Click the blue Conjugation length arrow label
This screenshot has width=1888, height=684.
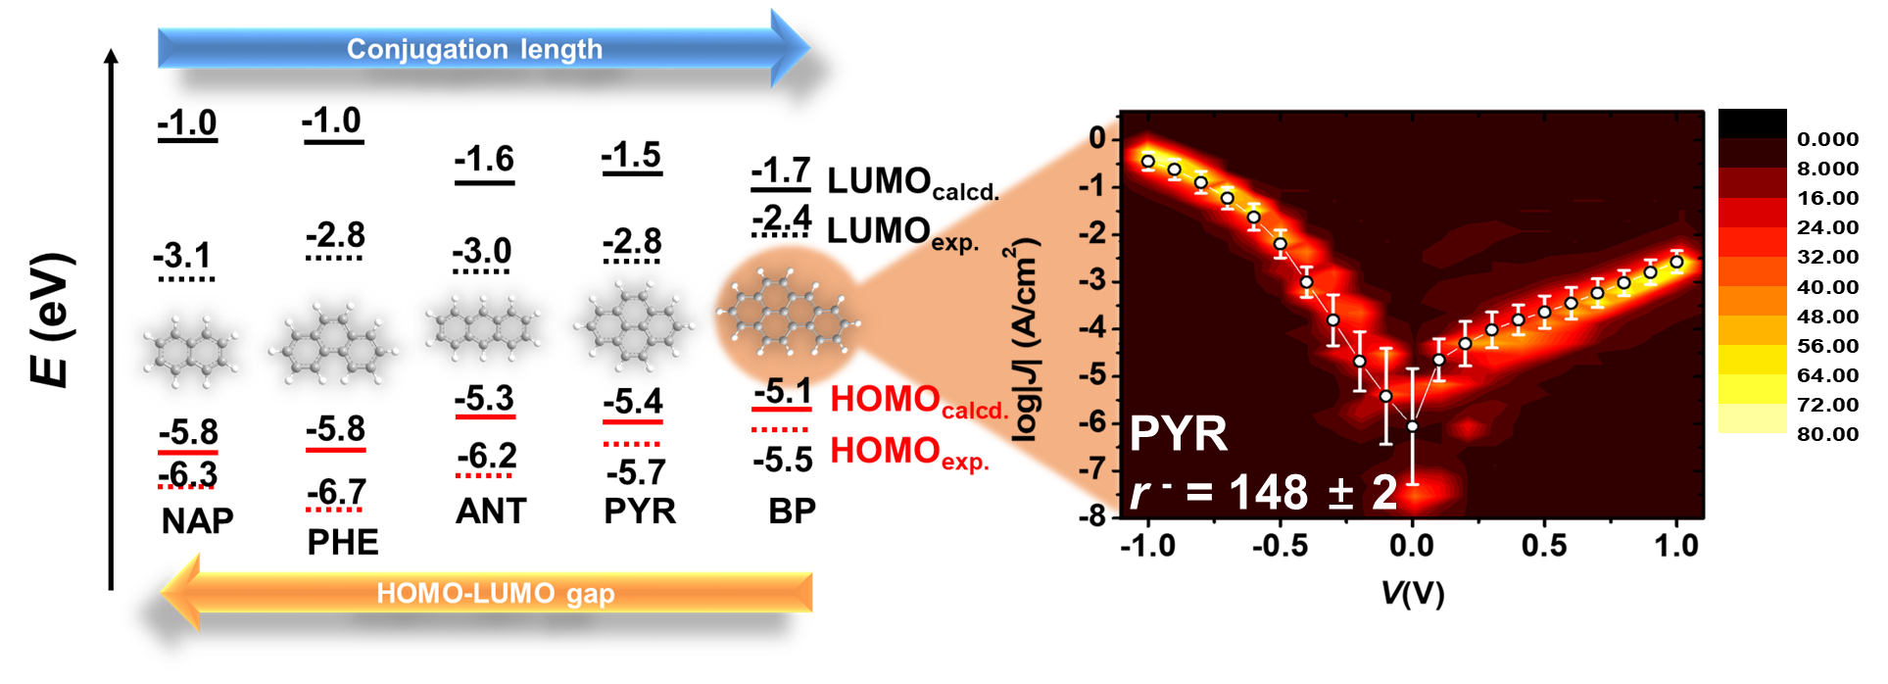(x=474, y=49)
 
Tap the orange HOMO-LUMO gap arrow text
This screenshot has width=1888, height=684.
(x=496, y=593)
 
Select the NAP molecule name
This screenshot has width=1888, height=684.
(x=197, y=520)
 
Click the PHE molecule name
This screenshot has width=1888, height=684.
(x=342, y=542)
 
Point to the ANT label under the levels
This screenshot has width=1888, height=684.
(x=491, y=511)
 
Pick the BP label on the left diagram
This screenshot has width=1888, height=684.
(x=792, y=511)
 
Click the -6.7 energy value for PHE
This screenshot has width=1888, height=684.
(x=336, y=491)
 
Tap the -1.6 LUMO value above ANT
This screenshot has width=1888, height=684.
(x=484, y=159)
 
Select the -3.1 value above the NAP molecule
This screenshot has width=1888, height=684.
(x=182, y=256)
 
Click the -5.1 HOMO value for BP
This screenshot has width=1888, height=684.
(x=782, y=392)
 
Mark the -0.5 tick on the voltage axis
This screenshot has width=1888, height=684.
(x=1280, y=546)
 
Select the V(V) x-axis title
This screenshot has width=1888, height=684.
(x=1412, y=592)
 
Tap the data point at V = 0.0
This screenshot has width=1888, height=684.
(x=1412, y=426)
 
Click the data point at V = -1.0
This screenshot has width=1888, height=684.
(x=1147, y=162)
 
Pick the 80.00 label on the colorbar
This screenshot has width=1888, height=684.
(x=1827, y=434)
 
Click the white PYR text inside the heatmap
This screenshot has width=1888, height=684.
(x=1178, y=433)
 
